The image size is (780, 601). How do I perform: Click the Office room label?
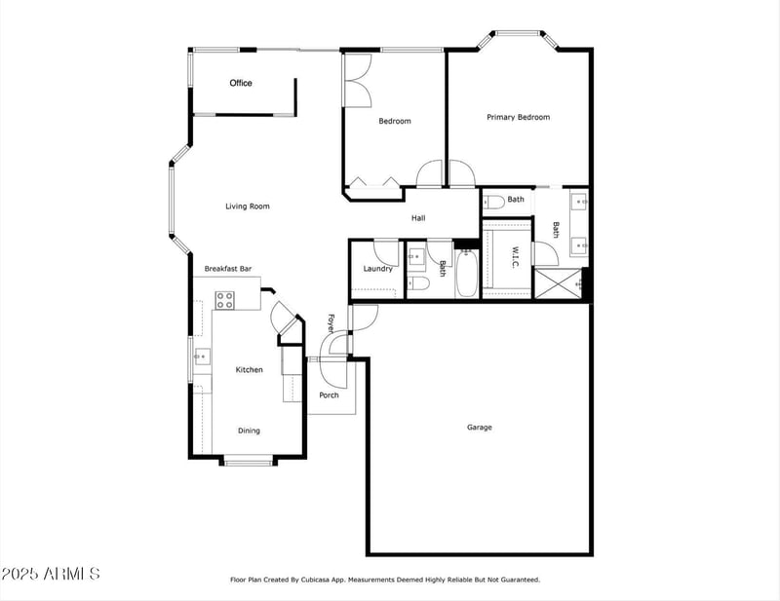(241, 84)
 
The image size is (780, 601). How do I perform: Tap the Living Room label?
(247, 207)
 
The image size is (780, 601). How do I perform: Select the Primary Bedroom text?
(518, 118)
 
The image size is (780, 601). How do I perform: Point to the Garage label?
(479, 428)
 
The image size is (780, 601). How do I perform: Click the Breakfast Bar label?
(228, 269)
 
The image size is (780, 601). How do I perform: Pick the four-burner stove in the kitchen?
(224, 300)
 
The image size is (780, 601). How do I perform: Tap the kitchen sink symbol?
(201, 357)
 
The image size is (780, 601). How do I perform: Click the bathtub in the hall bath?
(466, 276)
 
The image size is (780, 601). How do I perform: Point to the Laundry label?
(377, 269)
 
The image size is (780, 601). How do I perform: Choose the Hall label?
(417, 218)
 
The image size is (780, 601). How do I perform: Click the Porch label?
(330, 395)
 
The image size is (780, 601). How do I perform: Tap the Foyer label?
(331, 323)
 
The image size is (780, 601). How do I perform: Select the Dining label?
(249, 431)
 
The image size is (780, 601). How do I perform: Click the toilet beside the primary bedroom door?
(493, 202)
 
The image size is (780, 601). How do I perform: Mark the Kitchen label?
(249, 370)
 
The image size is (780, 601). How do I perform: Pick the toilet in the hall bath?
(419, 284)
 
